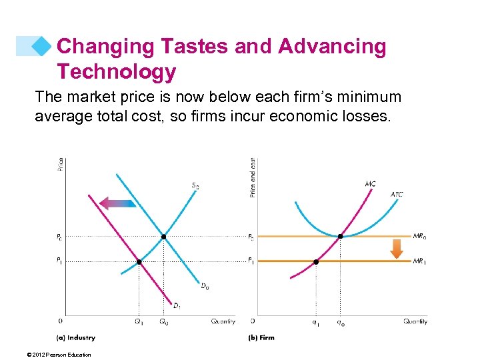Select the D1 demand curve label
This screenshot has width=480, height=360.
click(177, 306)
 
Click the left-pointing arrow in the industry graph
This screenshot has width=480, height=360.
click(117, 203)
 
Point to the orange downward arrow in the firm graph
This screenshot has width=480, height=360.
click(397, 249)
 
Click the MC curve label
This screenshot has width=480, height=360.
click(370, 183)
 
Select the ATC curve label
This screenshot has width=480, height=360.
click(397, 195)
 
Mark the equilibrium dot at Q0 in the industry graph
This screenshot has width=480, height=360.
click(163, 237)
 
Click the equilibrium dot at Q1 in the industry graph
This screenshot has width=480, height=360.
click(139, 262)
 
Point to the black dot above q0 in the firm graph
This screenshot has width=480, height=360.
click(341, 237)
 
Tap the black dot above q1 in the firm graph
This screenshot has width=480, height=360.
click(316, 262)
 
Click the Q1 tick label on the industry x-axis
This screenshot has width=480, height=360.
click(139, 322)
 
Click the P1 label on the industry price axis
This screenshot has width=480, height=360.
click(59, 261)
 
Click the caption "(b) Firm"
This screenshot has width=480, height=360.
click(261, 337)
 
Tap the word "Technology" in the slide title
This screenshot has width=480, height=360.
click(116, 71)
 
